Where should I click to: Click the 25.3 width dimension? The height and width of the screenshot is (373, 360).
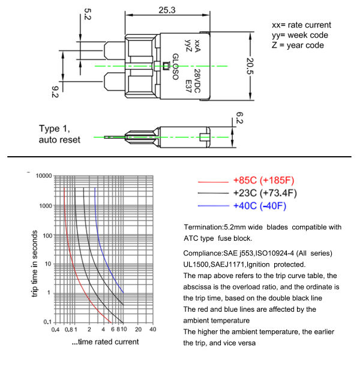167,10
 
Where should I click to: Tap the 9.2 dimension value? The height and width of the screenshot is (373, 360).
55,92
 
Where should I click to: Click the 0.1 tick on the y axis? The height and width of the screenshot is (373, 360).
47,323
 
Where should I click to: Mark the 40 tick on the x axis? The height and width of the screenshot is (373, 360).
152,329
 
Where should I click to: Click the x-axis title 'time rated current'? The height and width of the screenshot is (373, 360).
106,342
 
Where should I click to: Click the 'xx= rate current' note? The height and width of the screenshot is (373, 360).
301,25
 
